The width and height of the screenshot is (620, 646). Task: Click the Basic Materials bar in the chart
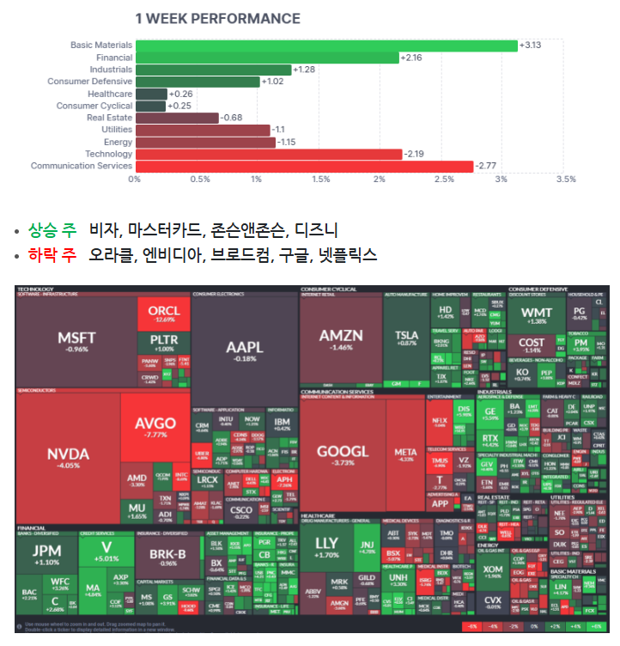[326, 46]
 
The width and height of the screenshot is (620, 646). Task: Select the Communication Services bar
[304, 166]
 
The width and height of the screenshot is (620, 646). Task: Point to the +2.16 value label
[414, 58]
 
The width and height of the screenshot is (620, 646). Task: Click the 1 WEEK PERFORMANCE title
[218, 18]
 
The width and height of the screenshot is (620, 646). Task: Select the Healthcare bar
[151, 94]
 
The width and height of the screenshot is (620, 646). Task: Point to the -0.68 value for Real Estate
[233, 118]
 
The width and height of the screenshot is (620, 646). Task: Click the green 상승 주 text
[52, 230]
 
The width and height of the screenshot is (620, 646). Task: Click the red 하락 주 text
[52, 256]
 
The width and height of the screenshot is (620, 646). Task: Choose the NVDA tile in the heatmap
[68, 455]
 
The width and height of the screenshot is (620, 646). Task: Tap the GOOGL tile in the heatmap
[342, 455]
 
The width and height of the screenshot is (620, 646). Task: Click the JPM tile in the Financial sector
[46, 553]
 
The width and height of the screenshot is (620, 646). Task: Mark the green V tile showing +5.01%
[107, 550]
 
